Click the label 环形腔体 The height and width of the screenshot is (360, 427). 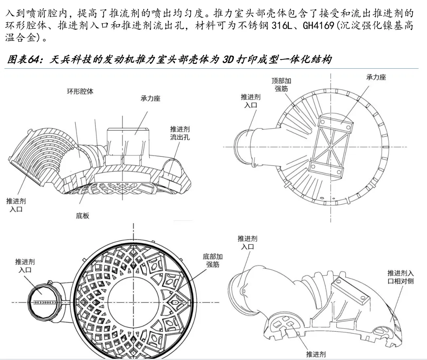pos(80,91)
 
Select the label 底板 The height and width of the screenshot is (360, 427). pos(82,216)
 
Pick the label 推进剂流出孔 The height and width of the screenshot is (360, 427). pos(180,133)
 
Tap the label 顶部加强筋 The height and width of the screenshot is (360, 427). pos(281,85)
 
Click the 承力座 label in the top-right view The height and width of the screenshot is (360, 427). pos(376,77)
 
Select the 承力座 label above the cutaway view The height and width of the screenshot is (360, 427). pos(150,98)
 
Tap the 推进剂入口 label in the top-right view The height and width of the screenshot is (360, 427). pos(251,101)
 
